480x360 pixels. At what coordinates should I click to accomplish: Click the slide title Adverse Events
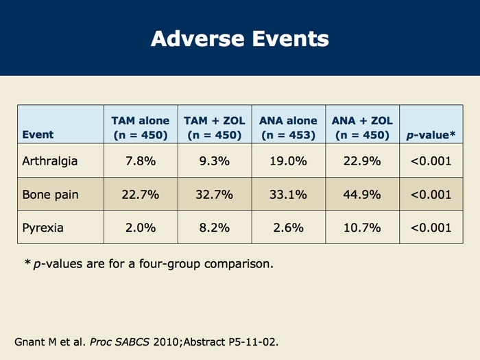[239, 38]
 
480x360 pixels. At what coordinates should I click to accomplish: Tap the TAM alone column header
[140, 128]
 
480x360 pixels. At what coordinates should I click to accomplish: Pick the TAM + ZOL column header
[214, 128]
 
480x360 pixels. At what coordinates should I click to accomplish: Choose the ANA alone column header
[288, 128]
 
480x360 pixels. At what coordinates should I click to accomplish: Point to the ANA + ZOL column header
[362, 128]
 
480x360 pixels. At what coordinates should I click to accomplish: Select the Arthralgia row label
[49, 162]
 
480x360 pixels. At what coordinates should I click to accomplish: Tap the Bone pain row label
[50, 195]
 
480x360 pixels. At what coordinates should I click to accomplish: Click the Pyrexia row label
[43, 228]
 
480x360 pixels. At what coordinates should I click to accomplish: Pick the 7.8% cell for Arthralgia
[140, 162]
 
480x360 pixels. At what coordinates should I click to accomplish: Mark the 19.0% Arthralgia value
[288, 162]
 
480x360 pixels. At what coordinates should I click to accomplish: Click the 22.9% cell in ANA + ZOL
[362, 162]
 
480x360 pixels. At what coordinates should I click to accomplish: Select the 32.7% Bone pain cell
[214, 195]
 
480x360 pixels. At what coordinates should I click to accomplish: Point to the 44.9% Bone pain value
[362, 195]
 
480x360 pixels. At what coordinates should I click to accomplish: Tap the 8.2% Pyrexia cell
[214, 228]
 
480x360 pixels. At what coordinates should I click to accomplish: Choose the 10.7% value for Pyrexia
[362, 228]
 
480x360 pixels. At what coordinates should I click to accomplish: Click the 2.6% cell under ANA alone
[288, 228]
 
